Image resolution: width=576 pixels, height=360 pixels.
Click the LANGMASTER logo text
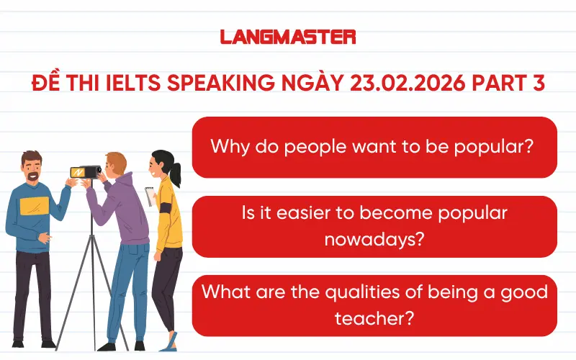tap(287, 37)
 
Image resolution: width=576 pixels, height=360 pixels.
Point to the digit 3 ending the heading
tap(539, 83)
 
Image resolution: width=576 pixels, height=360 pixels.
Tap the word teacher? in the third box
tap(374, 317)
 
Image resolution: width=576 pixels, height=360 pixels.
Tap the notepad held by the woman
tap(150, 195)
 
